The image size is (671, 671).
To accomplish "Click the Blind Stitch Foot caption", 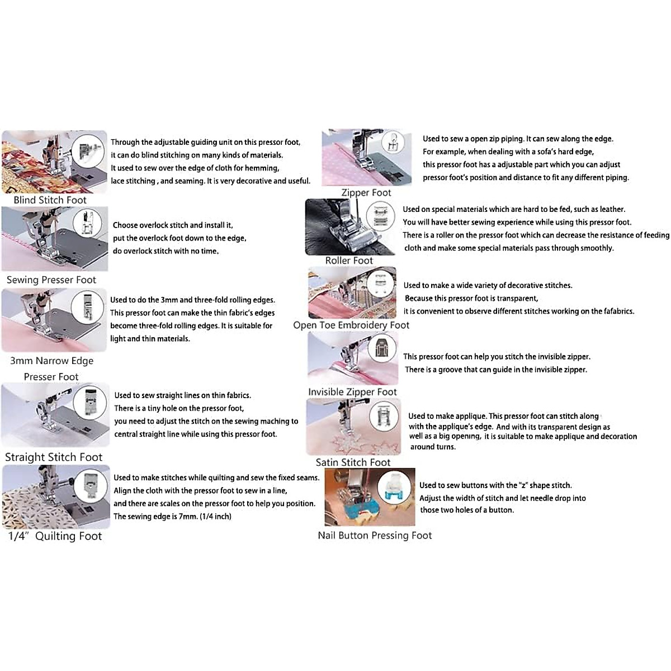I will [50, 200].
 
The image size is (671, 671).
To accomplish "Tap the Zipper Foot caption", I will [366, 192].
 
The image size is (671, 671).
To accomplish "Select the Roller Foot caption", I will [349, 261].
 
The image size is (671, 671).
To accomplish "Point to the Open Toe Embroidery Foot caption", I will [351, 325].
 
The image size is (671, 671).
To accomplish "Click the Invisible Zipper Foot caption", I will [352, 392].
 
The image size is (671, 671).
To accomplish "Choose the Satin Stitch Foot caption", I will [353, 462].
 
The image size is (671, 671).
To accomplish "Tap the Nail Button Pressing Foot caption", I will [375, 535].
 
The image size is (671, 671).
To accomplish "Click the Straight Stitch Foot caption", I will [54, 457].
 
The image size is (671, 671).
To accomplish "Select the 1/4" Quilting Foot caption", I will [55, 536].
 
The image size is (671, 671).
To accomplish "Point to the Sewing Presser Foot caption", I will [51, 280].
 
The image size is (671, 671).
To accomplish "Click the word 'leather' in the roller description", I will [611, 209].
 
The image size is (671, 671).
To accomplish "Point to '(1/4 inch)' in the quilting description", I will [215, 516].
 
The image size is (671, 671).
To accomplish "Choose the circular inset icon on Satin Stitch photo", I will [384, 417].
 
